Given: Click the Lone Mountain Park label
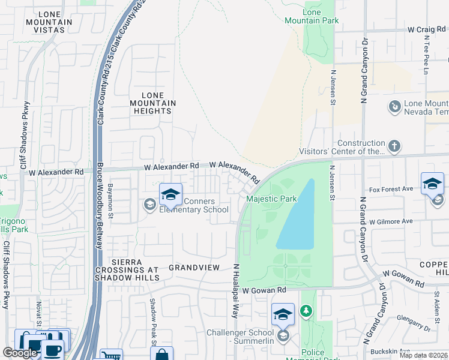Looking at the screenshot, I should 321,16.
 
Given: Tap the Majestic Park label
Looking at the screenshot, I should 271,199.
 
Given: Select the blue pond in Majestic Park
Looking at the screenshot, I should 296,216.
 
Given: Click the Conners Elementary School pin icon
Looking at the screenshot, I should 170,194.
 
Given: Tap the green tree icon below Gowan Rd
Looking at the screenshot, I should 306,310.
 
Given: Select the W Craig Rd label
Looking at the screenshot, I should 427,29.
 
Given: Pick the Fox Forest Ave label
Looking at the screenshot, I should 391,188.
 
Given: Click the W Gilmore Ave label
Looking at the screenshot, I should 391,221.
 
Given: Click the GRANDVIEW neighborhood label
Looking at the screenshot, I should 192,267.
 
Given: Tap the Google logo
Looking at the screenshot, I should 19,353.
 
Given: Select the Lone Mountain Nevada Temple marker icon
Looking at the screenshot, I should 394,107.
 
